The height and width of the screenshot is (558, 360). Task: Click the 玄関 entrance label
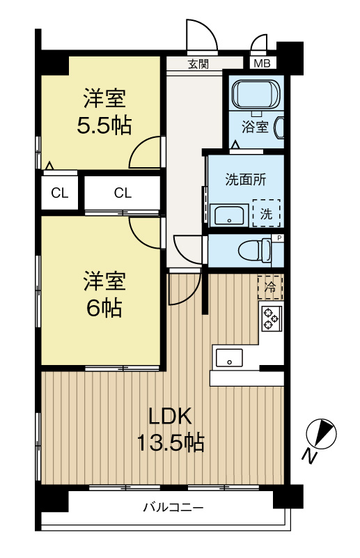[x=198, y=64]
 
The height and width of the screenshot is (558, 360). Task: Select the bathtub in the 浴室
[x=255, y=94]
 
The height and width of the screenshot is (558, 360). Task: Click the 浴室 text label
[x=255, y=127]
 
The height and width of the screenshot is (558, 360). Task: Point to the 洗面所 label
[x=244, y=178]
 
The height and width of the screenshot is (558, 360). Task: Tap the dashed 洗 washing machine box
[x=266, y=214]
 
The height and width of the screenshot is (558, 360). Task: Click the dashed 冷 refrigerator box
[x=271, y=286]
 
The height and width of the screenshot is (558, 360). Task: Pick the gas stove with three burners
[x=271, y=319]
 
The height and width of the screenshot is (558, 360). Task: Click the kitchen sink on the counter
[x=228, y=358]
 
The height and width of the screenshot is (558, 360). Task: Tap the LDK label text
[x=170, y=416]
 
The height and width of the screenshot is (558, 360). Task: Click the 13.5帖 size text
[x=170, y=442]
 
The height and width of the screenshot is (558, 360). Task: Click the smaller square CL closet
[x=59, y=193]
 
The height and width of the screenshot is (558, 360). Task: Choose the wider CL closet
[x=123, y=193]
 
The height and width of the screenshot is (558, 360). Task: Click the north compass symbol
[x=322, y=436]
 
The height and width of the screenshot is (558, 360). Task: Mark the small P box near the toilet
[x=279, y=238]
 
